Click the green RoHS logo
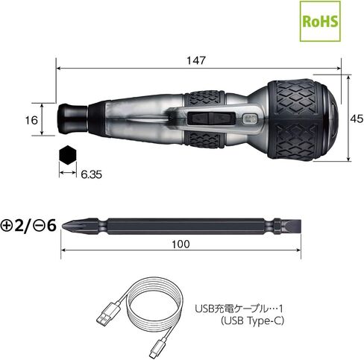point(320,21)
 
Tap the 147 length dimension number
point(196,60)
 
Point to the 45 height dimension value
point(357,119)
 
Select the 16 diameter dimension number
point(31,120)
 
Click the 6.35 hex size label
point(91,174)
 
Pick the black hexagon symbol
point(68,155)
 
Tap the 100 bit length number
point(181,244)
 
